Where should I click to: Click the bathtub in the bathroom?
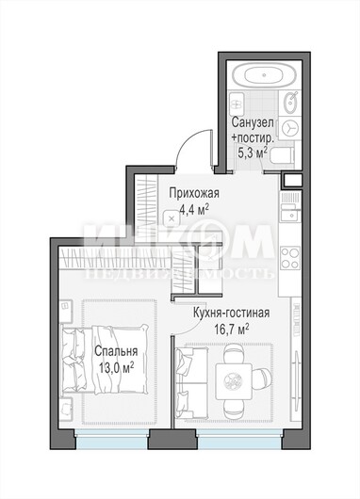click(264, 75)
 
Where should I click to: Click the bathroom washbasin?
click(290, 103)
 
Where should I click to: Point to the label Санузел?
click(253, 122)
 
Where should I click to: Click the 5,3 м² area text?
click(253, 153)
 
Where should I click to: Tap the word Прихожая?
click(194, 193)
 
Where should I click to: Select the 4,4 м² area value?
click(194, 210)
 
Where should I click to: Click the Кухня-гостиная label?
click(231, 313)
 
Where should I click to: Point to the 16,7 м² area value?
click(231, 330)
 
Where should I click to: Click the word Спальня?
click(116, 351)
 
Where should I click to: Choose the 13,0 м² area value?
click(116, 368)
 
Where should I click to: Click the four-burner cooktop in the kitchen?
click(290, 257)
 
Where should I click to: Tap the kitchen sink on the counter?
click(290, 213)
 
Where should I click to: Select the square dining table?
click(234, 381)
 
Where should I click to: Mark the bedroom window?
click(112, 439)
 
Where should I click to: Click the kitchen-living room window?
click(239, 439)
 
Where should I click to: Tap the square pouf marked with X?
click(172, 218)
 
